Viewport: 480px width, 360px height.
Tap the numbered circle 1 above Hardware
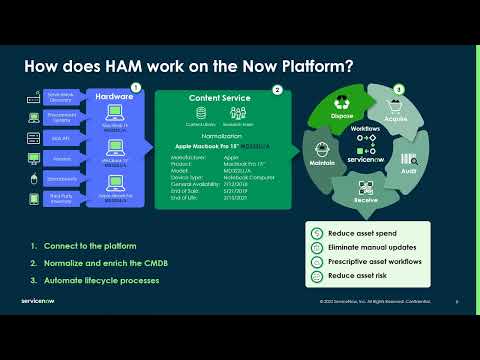136,88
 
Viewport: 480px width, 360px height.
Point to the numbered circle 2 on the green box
277,90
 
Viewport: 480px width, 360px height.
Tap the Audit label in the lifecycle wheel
407,171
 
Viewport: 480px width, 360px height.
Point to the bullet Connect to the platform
87,246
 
